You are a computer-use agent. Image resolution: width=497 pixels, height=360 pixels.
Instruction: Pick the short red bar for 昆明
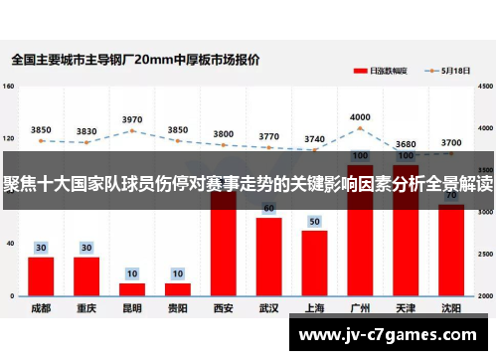click(132, 289)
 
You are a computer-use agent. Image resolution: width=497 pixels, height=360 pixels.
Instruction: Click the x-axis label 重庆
click(86, 308)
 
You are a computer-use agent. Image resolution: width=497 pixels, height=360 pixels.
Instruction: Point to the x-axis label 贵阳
click(178, 308)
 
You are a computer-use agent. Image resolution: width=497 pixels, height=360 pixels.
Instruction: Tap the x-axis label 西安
click(224, 308)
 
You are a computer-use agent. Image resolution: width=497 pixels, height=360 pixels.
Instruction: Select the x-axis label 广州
click(360, 308)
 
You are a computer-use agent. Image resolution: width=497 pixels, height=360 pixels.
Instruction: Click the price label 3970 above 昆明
click(132, 119)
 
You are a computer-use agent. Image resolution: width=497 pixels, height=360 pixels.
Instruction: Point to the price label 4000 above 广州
click(360, 116)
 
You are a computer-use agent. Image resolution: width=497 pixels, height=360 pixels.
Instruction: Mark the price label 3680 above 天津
click(406, 144)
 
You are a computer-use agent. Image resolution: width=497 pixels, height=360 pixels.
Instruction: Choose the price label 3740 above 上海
click(314, 139)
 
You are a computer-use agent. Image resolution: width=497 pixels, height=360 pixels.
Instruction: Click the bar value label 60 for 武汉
click(268, 208)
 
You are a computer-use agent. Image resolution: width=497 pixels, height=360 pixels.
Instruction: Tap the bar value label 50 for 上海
click(314, 221)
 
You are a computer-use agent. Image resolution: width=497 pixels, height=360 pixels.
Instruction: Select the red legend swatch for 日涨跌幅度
click(360, 72)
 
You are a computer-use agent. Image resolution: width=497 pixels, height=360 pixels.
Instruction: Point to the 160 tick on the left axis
click(9, 87)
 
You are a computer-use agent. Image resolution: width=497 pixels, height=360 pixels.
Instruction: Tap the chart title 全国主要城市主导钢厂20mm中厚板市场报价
click(136, 60)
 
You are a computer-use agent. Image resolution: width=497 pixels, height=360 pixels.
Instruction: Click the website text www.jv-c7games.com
click(392, 334)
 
